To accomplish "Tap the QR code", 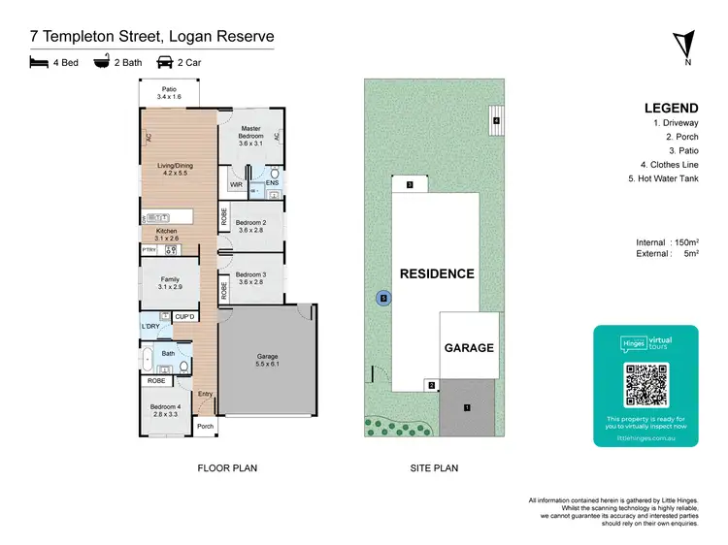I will [x=646, y=384].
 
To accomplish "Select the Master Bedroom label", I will [x=251, y=133].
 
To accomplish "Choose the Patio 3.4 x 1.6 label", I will [x=170, y=93].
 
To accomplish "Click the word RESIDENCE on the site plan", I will [x=437, y=273].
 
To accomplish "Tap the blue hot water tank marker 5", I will [x=384, y=299].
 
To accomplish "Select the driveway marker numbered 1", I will [x=467, y=407].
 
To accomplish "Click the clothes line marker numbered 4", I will [x=495, y=120].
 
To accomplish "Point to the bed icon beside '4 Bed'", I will [x=39, y=62].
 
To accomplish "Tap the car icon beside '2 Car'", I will [x=165, y=62].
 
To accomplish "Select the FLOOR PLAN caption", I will [x=227, y=468].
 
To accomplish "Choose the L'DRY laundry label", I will [x=150, y=327].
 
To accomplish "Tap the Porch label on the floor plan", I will [x=205, y=427].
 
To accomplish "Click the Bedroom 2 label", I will [x=249, y=227].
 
